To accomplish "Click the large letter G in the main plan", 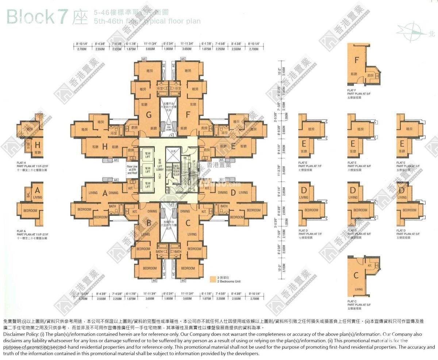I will coord(148,115).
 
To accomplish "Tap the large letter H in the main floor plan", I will coord(105,147).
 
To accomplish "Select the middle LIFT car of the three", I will coord(147,170).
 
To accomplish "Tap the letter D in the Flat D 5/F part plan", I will coord(401,190).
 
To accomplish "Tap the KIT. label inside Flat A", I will coord(130,188).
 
